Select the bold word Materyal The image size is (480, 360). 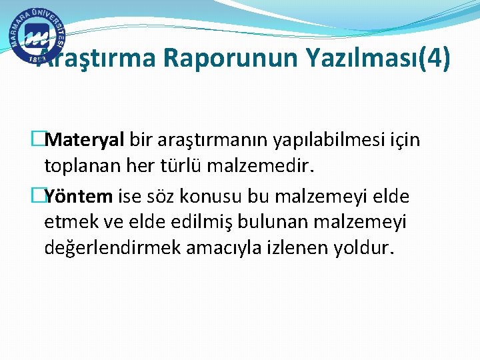point(87,141)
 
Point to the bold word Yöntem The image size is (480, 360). point(81,197)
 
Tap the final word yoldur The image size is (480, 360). point(361,248)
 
